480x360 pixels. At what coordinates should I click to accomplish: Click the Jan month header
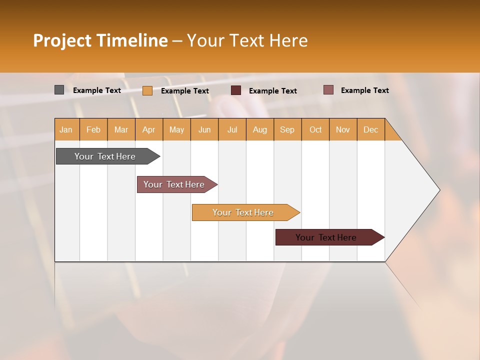pyautogui.click(x=66, y=129)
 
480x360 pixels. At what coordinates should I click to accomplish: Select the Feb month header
pyautogui.click(x=93, y=129)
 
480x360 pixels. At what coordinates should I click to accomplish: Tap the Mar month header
pyautogui.click(x=121, y=129)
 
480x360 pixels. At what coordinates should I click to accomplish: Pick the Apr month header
pyautogui.click(x=149, y=129)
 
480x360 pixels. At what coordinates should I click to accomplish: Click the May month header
pyautogui.click(x=176, y=129)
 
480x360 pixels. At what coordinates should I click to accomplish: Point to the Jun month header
pyautogui.click(x=204, y=129)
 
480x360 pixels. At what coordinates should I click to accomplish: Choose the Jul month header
pyautogui.click(x=232, y=129)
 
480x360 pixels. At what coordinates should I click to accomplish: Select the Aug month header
pyautogui.click(x=260, y=129)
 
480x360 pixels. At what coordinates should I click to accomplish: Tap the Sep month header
pyautogui.click(x=287, y=129)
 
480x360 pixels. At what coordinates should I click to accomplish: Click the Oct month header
pyautogui.click(x=315, y=129)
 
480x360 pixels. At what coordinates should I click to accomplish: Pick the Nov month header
pyautogui.click(x=343, y=129)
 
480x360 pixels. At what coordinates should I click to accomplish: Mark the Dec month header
pyautogui.click(x=371, y=129)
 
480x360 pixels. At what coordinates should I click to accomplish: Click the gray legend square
pyautogui.click(x=59, y=90)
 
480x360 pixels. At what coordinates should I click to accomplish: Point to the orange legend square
pyautogui.click(x=147, y=90)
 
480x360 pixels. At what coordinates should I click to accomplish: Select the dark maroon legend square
pyautogui.click(x=236, y=90)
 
